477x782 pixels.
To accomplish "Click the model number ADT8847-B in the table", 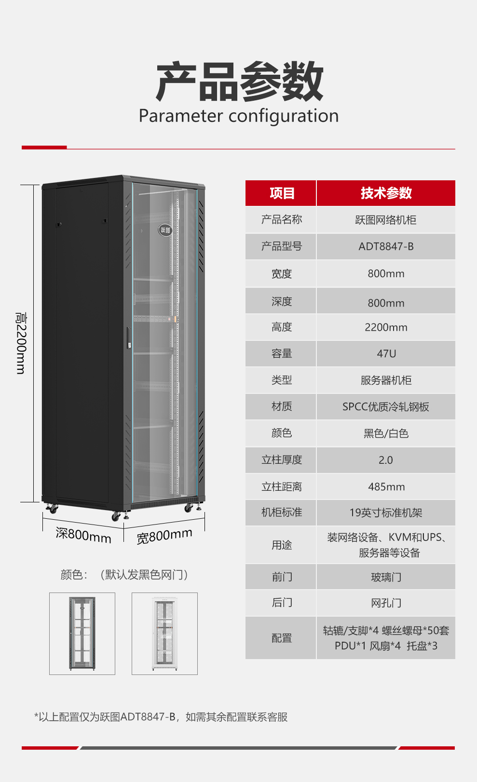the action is [386, 246].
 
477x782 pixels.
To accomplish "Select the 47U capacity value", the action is [386, 354].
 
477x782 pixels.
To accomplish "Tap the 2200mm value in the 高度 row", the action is [386, 327].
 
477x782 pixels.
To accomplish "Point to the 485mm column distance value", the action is [386, 486].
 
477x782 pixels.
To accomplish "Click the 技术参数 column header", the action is [386, 193].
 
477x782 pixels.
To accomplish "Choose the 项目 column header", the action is [282, 193].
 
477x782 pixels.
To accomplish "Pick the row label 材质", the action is [282, 406].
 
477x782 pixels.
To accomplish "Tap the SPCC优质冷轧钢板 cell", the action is [385, 407].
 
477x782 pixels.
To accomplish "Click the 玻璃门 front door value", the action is [386, 577].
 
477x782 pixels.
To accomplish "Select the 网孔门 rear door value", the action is [386, 603].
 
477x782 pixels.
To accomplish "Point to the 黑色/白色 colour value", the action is [386, 433].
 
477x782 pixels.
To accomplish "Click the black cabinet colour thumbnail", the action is [82, 634].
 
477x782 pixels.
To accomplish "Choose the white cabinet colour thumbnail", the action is [164, 634].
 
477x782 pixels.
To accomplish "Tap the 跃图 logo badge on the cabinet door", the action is [165, 230].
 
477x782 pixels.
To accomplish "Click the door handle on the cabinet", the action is [129, 337].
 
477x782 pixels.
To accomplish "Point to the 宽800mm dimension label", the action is [164, 536].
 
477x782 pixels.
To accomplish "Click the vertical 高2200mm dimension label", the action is [21, 343].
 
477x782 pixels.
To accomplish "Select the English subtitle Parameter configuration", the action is [239, 116].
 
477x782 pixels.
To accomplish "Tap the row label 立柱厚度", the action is [282, 460].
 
